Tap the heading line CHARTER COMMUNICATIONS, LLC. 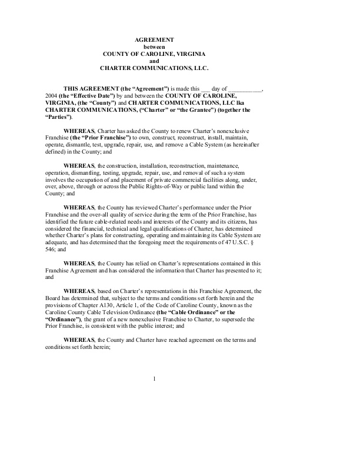(x=154, y=68)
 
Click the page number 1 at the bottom (x=154, y=378)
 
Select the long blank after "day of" (x=246, y=87)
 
